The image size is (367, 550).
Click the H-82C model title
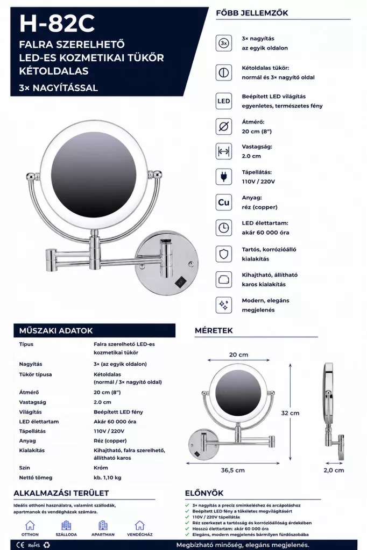pyautogui.click(x=57, y=24)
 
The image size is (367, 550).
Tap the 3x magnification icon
pyautogui.click(x=223, y=43)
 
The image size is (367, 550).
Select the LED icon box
pyautogui.click(x=223, y=101)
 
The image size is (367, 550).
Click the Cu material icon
pyautogui.click(x=223, y=202)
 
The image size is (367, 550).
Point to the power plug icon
pyautogui.click(x=223, y=177)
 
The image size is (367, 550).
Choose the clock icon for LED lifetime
pyautogui.click(x=223, y=228)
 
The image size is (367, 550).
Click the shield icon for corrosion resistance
pyautogui.click(x=223, y=254)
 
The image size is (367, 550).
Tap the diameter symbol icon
pyautogui.click(x=223, y=126)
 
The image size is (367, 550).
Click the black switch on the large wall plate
pyautogui.click(x=181, y=281)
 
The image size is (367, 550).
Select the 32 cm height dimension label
pyautogui.click(x=290, y=413)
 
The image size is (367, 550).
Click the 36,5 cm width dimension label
pyautogui.click(x=232, y=471)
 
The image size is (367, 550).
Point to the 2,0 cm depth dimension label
pyautogui.click(x=334, y=471)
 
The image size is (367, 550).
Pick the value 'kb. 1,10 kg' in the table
pyautogui.click(x=108, y=477)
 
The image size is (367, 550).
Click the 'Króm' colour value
pyautogui.click(x=101, y=468)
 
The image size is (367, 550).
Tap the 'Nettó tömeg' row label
pyautogui.click(x=36, y=477)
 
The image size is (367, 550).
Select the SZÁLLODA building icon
pyautogui.click(x=66, y=525)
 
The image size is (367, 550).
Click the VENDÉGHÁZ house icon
pyautogui.click(x=139, y=525)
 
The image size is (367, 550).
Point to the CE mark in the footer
pyautogui.click(x=20, y=545)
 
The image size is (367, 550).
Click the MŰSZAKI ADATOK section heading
pyautogui.click(x=56, y=330)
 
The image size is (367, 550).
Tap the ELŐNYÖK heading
pyautogui.click(x=204, y=493)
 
